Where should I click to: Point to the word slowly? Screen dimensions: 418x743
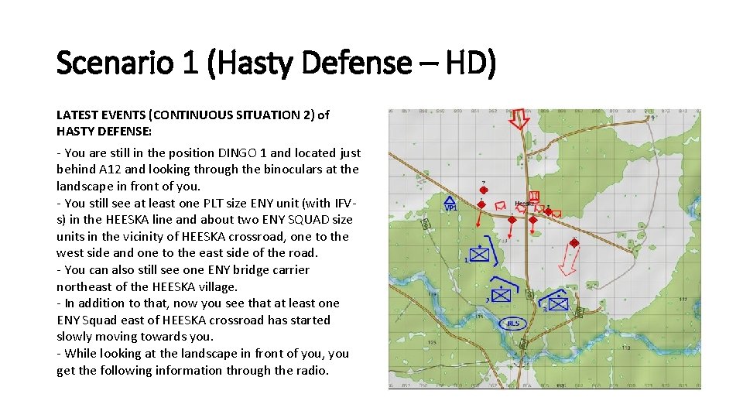coord(75,337)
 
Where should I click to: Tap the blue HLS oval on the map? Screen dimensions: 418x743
coord(512,323)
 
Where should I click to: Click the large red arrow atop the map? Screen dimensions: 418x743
coord(519,122)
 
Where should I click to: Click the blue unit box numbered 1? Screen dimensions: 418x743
coord(480,254)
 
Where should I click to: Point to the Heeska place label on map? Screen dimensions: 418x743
coord(524,204)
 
